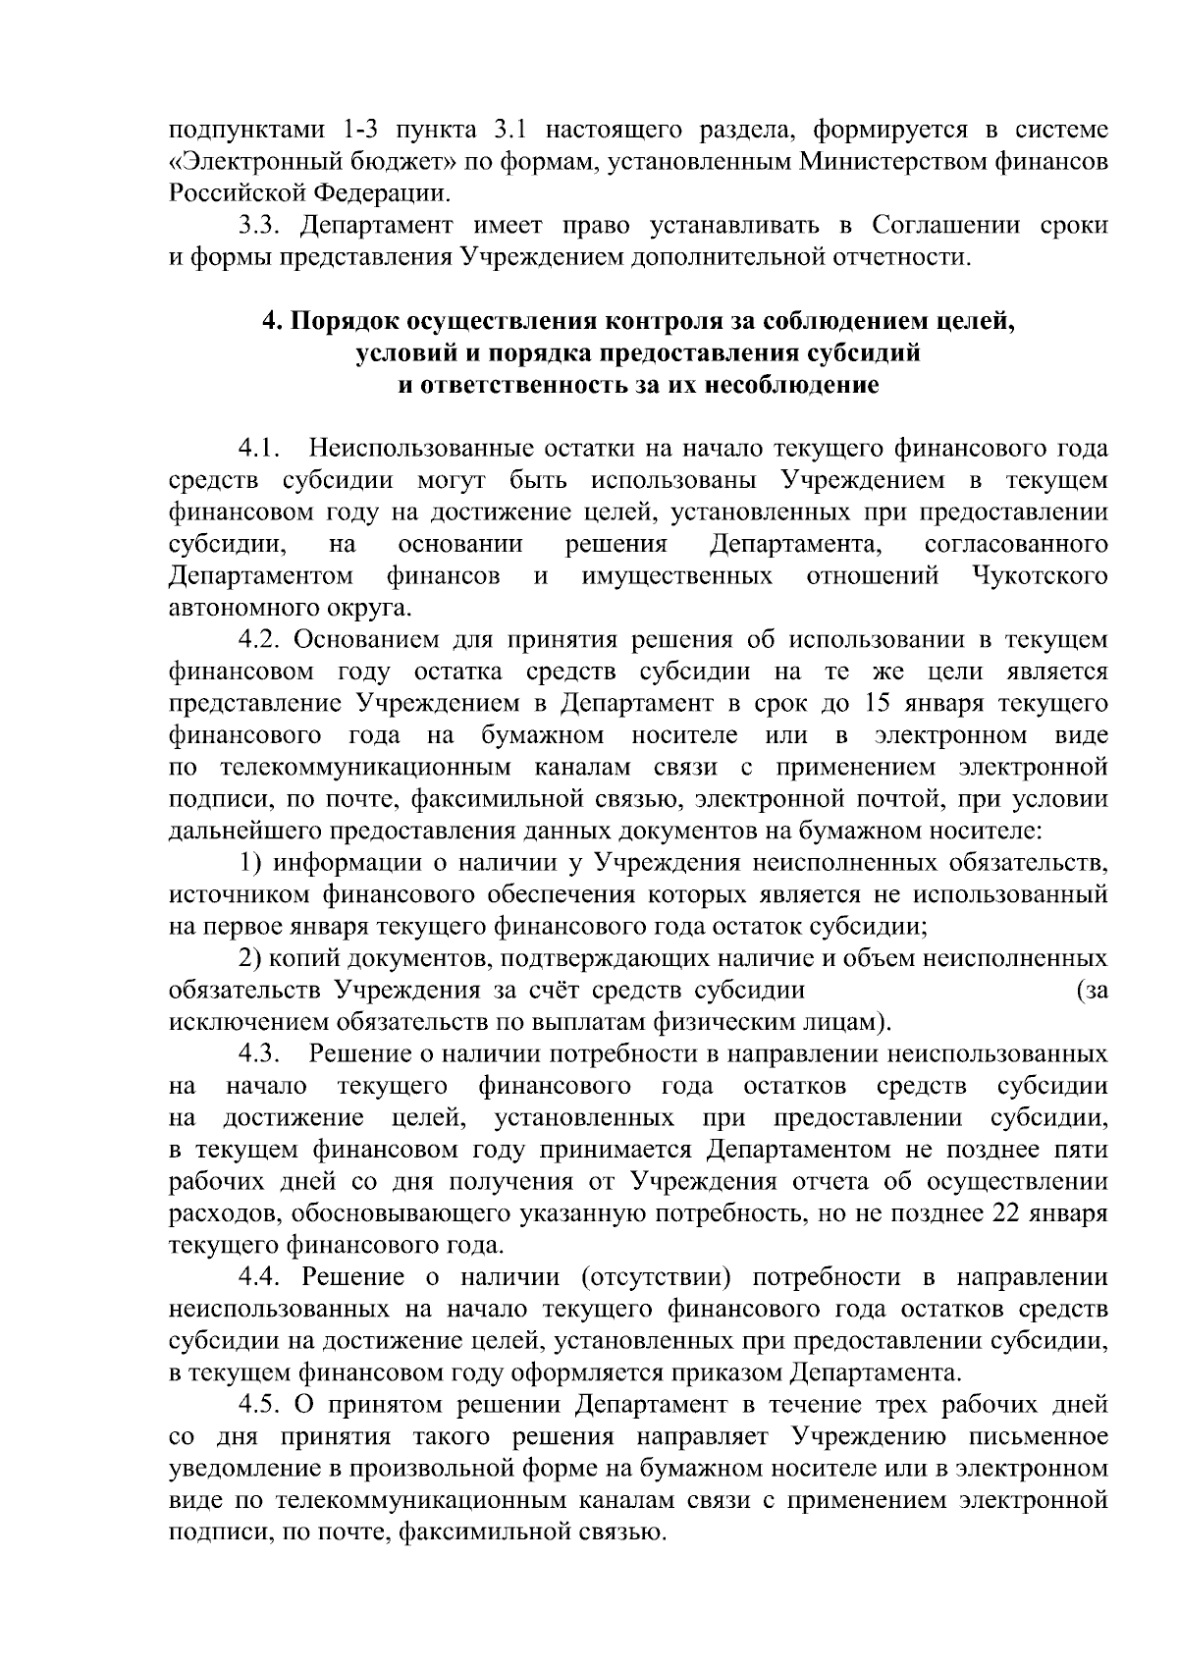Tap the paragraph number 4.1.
point(261,450)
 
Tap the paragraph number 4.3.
point(261,1053)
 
